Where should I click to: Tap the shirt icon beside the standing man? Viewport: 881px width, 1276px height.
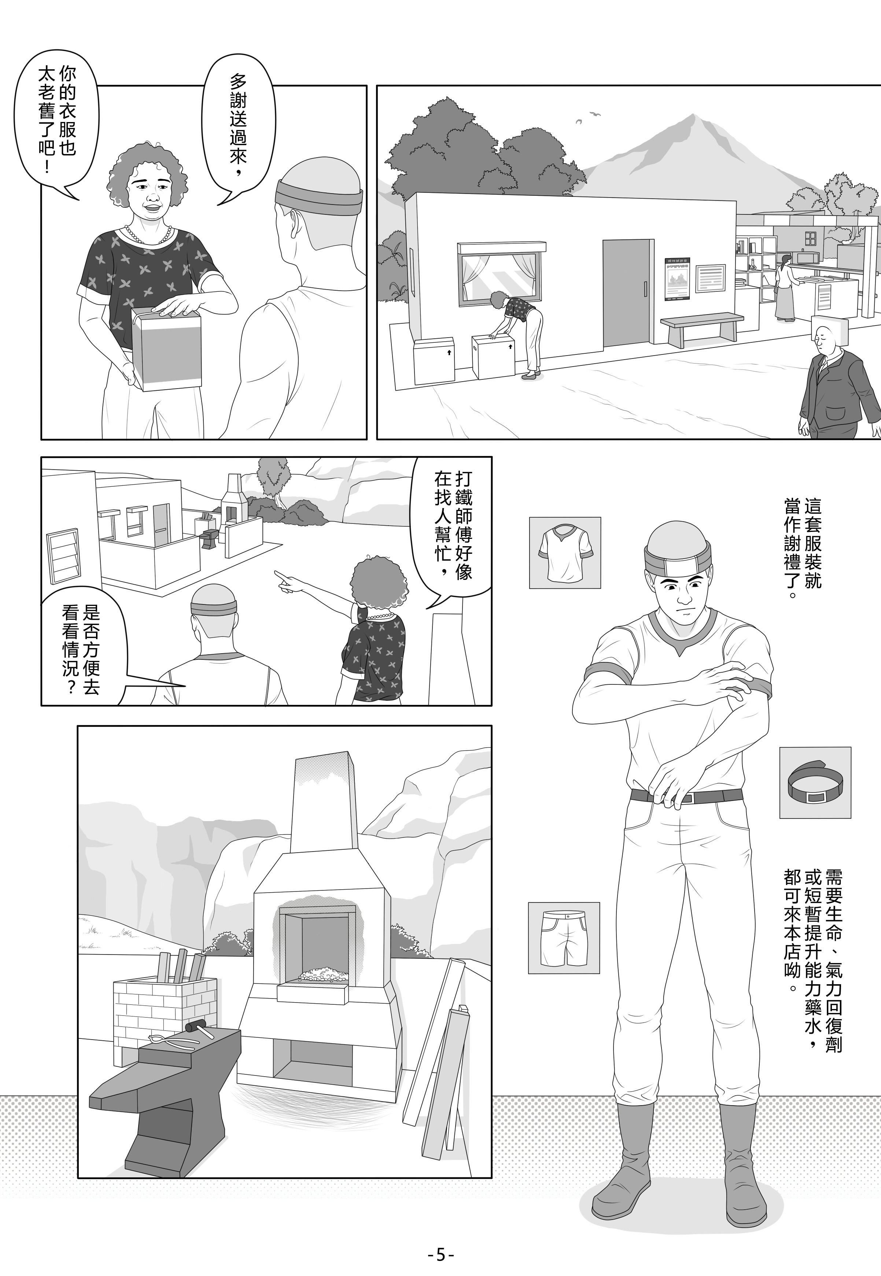(x=565, y=552)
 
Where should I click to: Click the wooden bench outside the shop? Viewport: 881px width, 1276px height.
(x=701, y=329)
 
